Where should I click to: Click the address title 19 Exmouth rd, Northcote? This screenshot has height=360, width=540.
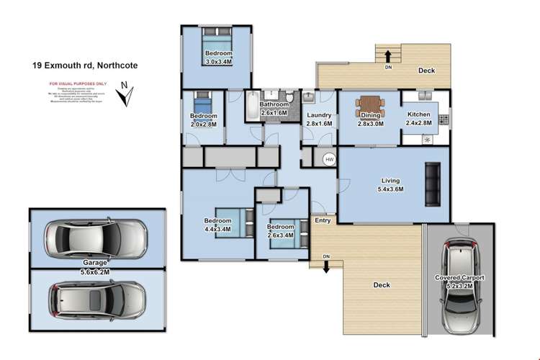coord(84,65)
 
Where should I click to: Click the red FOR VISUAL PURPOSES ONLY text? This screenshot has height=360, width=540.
coord(77,84)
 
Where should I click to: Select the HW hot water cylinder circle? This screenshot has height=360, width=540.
coord(329,159)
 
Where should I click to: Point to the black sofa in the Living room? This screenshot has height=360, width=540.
coord(433,183)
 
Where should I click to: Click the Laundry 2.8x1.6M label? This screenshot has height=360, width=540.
coord(318,119)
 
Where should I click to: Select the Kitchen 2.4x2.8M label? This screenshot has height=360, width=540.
coord(419,119)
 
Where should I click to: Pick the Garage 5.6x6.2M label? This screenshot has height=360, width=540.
coord(95,267)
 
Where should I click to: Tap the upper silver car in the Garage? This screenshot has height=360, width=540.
coord(95,235)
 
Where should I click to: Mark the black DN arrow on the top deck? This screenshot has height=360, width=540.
coord(387,55)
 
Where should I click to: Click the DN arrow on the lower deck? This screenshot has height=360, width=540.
coord(326,264)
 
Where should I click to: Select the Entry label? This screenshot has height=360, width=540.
coord(323,220)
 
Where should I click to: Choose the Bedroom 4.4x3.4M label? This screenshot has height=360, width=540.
coord(217,225)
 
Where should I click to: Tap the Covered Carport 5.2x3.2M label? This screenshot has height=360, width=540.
coord(459,282)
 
